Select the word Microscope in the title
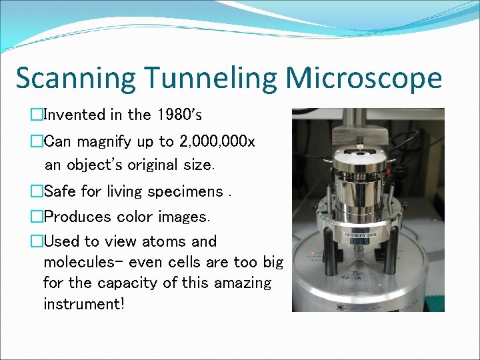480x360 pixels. click(x=364, y=79)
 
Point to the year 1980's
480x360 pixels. click(x=178, y=115)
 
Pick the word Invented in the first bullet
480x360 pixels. click(x=75, y=115)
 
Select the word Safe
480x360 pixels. click(x=59, y=192)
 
